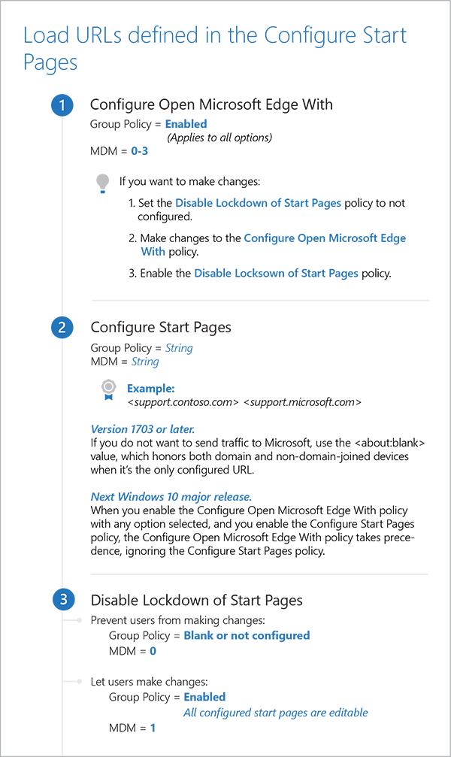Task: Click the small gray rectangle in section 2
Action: [98, 386]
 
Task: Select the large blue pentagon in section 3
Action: [301, 677]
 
